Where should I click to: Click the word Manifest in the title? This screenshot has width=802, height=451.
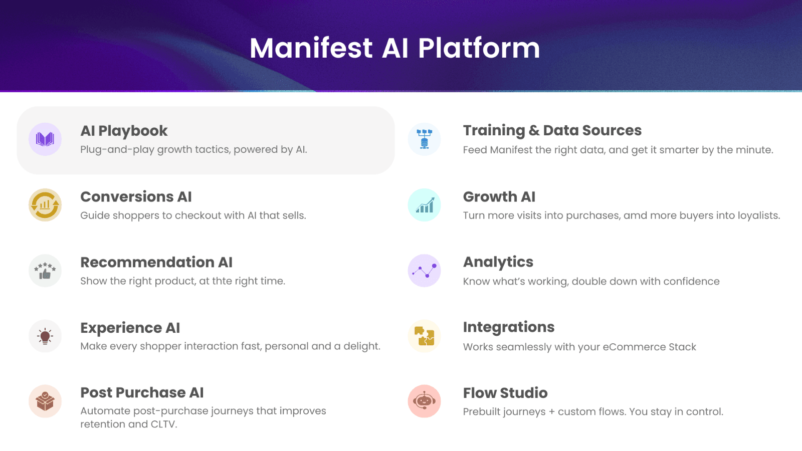pyautogui.click(x=311, y=48)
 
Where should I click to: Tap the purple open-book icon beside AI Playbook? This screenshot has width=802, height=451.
pyautogui.click(x=45, y=139)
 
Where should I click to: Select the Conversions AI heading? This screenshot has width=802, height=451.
pyautogui.click(x=136, y=197)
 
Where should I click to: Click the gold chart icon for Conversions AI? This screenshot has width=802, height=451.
pyautogui.click(x=45, y=205)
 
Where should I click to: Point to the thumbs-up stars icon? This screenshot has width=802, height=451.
pyautogui.click(x=45, y=271)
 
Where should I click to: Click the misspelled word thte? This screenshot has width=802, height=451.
pyautogui.click(x=222, y=281)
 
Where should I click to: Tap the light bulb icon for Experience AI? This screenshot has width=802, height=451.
pyautogui.click(x=45, y=336)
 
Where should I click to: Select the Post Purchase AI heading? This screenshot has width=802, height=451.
pyautogui.click(x=142, y=393)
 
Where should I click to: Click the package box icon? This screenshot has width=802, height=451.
pyautogui.click(x=45, y=401)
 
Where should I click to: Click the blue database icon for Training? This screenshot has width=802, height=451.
pyautogui.click(x=424, y=139)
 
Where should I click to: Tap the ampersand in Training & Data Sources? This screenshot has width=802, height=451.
pyautogui.click(x=534, y=131)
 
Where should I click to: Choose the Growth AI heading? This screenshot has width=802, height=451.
pyautogui.click(x=499, y=197)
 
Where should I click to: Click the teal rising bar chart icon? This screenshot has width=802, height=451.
pyautogui.click(x=424, y=205)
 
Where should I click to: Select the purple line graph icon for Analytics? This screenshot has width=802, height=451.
pyautogui.click(x=424, y=271)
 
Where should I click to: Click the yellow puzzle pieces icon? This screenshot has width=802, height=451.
pyautogui.click(x=424, y=336)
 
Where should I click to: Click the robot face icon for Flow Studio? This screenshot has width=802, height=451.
pyautogui.click(x=424, y=401)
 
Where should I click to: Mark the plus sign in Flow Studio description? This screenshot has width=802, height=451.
pyautogui.click(x=551, y=412)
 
